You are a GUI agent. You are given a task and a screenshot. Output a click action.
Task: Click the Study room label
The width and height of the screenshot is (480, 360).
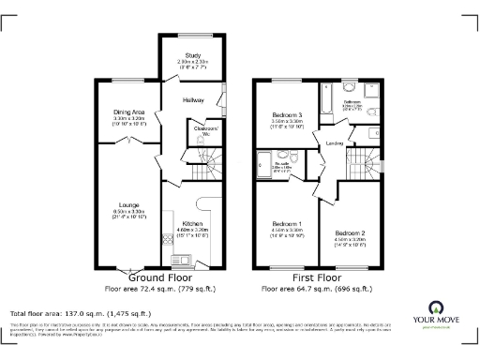[194, 55]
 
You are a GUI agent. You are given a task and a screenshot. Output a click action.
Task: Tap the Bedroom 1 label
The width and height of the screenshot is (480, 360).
[286, 223]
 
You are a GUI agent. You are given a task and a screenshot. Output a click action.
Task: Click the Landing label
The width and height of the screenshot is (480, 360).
[334, 143]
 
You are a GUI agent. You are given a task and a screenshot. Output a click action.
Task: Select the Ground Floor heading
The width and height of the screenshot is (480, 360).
[160, 278]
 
